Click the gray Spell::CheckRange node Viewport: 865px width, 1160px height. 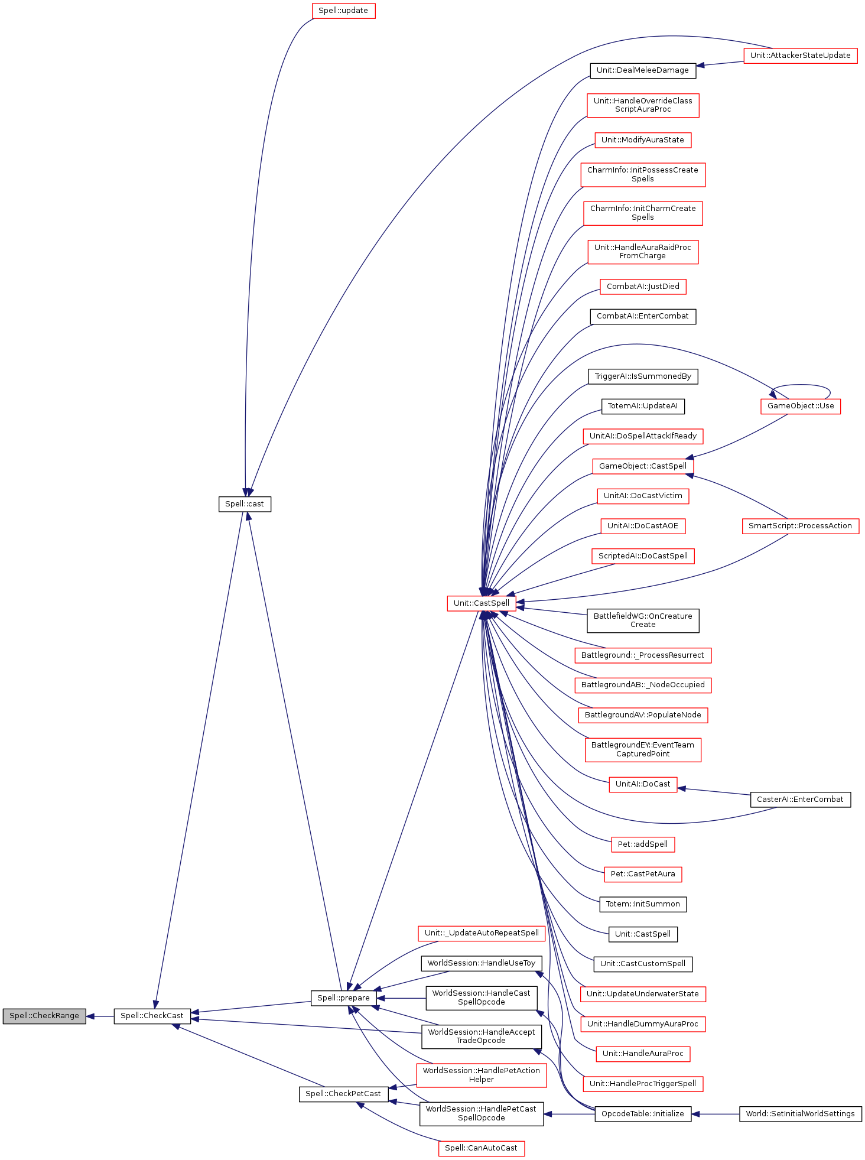[x=44, y=1016]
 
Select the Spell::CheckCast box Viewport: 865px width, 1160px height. [x=152, y=1016]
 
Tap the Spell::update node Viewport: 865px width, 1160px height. [x=343, y=11]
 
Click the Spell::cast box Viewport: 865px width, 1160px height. [x=245, y=504]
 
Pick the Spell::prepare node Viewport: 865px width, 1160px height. [x=343, y=998]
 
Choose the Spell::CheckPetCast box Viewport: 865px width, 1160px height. [x=343, y=1094]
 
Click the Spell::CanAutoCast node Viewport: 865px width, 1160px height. [x=481, y=1148]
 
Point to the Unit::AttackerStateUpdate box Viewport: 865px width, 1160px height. [x=800, y=56]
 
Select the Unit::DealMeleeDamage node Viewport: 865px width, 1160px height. [x=643, y=70]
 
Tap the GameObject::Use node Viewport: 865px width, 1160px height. [x=801, y=406]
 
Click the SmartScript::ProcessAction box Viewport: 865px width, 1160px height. [x=800, y=526]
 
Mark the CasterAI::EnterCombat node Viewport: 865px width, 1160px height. [x=800, y=800]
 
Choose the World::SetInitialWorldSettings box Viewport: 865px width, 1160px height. [x=800, y=1114]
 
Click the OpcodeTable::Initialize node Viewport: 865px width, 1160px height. [x=643, y=1114]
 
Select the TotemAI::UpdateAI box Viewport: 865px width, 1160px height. [x=643, y=406]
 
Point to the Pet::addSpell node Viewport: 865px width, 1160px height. [x=643, y=844]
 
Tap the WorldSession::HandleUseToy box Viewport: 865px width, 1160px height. [x=482, y=963]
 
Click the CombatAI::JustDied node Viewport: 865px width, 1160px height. [x=643, y=287]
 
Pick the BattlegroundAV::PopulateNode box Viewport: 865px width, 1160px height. [x=643, y=715]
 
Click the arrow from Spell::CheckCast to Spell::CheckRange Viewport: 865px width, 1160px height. [x=100, y=1016]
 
